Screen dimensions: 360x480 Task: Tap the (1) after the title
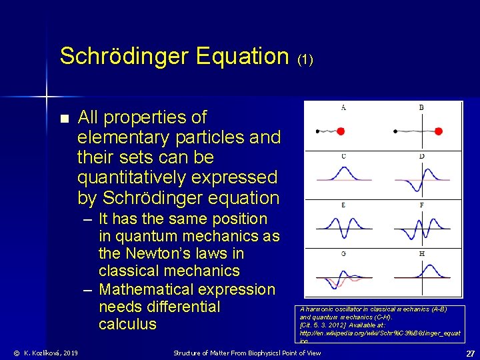coord(305,59)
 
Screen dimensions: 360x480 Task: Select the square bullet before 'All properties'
coord(64,119)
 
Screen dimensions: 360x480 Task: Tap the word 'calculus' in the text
coord(127,324)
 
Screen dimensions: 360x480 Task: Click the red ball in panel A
coord(359,131)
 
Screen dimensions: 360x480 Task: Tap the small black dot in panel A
coord(317,131)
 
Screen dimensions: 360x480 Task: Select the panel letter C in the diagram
coord(343,156)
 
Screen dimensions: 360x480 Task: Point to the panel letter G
coord(343,254)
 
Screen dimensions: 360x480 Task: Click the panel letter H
coord(421,254)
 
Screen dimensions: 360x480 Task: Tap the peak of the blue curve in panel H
coord(422,265)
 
